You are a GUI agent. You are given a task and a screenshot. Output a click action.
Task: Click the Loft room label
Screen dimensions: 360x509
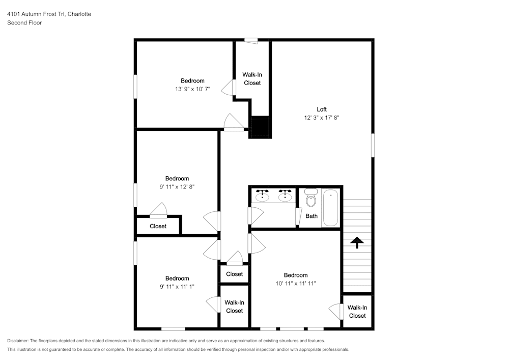click(321, 109)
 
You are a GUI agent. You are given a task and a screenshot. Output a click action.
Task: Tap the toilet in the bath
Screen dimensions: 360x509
click(310, 200)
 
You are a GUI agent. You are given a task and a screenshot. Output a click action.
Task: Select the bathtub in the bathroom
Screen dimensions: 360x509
click(330, 208)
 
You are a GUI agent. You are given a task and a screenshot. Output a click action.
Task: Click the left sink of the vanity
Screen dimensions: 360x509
click(263, 196)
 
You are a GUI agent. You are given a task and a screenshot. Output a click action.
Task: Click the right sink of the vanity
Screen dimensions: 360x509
click(285, 196)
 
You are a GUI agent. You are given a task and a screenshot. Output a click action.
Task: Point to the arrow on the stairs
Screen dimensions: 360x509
click(356, 242)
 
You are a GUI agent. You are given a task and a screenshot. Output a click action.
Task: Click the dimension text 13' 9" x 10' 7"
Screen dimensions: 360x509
click(192, 89)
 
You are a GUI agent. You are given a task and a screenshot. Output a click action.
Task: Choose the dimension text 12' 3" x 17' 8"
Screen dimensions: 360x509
click(321, 118)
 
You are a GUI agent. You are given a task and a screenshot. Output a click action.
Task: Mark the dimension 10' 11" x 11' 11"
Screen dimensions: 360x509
click(295, 283)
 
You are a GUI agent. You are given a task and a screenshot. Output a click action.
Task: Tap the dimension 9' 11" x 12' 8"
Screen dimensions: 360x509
click(177, 187)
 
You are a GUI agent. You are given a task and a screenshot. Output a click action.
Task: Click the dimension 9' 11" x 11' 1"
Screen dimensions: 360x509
click(177, 287)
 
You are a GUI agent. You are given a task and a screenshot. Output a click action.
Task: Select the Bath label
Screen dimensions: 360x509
click(312, 216)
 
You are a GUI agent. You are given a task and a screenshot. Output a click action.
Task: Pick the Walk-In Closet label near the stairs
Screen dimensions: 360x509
click(357, 312)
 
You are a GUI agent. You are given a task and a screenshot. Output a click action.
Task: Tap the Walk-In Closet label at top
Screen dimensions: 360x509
click(252, 78)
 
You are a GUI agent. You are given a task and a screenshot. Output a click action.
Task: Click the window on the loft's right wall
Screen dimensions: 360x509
click(373, 145)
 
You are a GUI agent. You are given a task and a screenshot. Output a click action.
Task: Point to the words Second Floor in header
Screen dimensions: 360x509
click(24, 23)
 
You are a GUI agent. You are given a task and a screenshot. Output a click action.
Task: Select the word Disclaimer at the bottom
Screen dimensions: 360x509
click(18, 341)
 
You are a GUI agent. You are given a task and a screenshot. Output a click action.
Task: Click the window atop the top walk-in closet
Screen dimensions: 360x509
click(251, 40)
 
